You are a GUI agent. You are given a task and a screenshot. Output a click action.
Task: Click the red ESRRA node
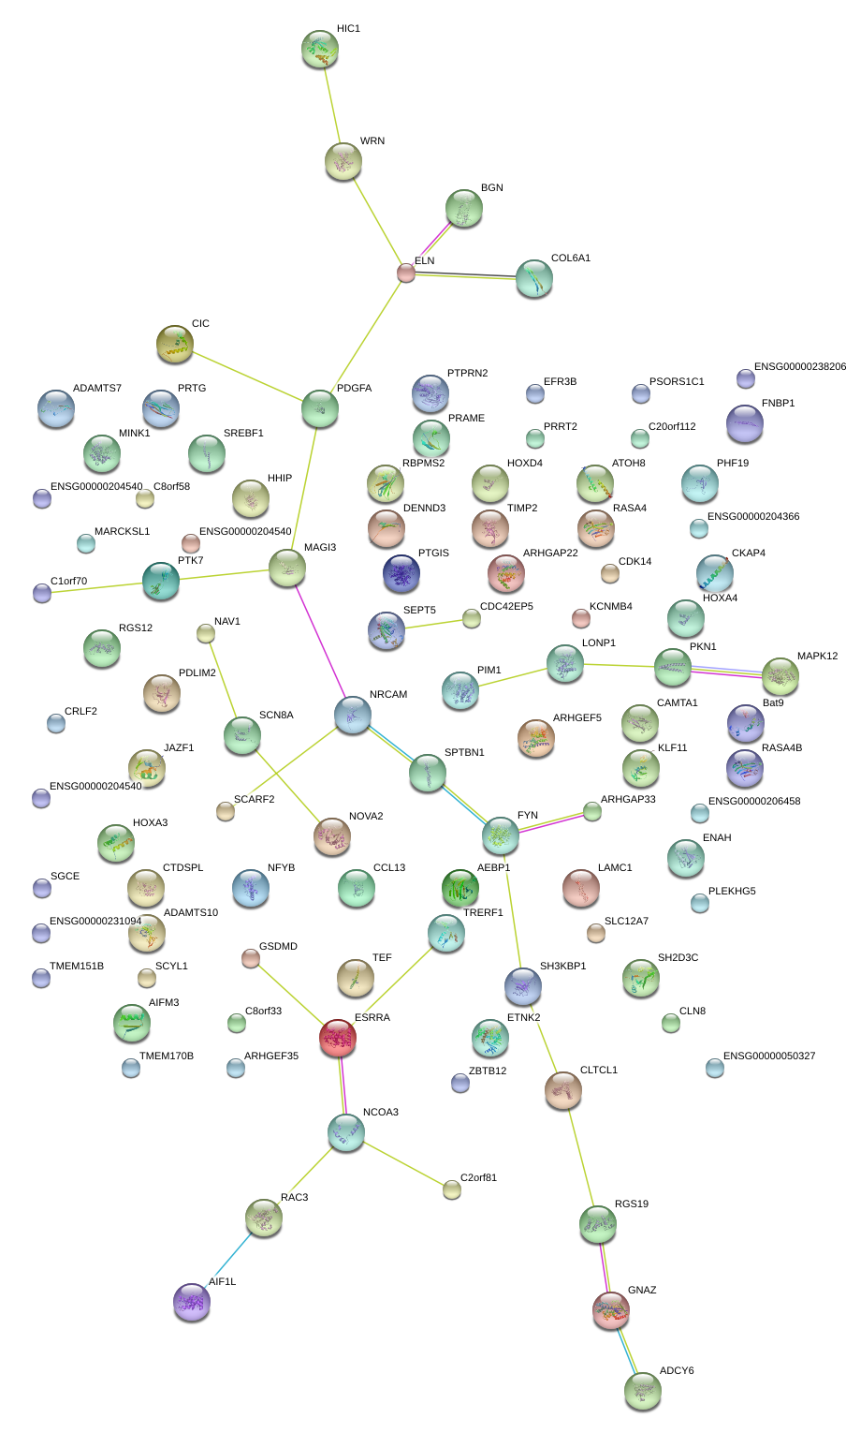click(338, 1037)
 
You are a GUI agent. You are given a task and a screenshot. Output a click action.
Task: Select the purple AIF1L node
click(192, 1301)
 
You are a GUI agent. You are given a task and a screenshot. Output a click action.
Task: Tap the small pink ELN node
click(406, 273)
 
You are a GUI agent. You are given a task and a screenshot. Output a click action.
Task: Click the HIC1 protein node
click(319, 49)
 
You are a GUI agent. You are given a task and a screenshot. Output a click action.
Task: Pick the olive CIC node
click(174, 344)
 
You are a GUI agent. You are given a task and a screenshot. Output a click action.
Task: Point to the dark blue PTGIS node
click(401, 573)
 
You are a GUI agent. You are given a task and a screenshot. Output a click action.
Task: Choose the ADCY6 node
click(642, 1391)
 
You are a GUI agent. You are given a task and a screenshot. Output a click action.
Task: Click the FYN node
click(501, 835)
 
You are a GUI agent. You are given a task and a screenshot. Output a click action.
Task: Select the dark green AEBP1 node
click(460, 888)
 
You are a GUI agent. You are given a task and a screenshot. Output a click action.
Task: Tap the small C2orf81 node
click(452, 1189)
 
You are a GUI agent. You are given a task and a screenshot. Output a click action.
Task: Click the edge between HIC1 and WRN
click(331, 105)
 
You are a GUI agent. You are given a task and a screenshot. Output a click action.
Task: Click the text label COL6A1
click(571, 258)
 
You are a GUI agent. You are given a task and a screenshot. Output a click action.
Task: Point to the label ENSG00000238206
click(800, 366)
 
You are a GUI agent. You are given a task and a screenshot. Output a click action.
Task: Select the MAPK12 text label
click(817, 656)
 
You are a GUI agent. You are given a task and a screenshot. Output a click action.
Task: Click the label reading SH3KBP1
click(563, 966)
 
